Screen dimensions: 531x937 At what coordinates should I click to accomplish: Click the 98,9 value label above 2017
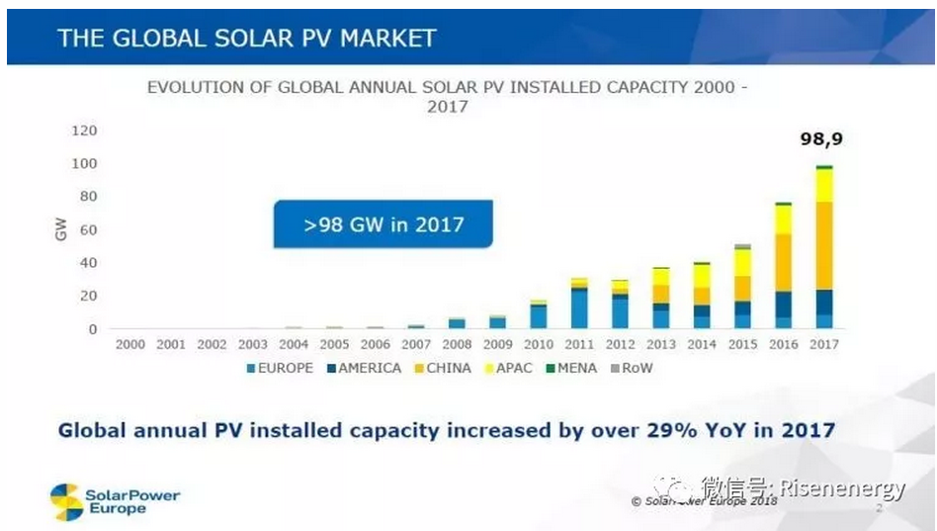coord(820,139)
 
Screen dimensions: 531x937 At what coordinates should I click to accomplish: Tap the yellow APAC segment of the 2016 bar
coord(783,219)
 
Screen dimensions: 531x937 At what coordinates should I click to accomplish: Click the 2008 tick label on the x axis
coord(457,344)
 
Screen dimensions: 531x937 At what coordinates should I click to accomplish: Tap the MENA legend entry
coord(572,368)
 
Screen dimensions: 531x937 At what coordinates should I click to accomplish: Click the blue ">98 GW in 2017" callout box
coord(383,223)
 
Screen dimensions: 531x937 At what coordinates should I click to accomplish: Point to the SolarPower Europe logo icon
coord(67,501)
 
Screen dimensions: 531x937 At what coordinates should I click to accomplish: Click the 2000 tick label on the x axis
coord(130,344)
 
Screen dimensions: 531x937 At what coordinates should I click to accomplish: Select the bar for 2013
coord(660,298)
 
